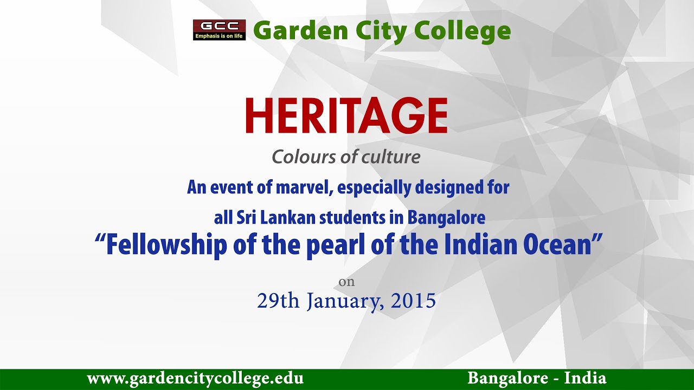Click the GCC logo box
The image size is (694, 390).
tap(219, 30)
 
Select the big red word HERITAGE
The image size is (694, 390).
tap(346, 116)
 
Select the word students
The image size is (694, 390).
tap(352, 218)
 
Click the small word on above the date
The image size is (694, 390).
tap(346, 282)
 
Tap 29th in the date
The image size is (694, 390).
tap(278, 301)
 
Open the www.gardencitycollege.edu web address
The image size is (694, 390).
tap(195, 378)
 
